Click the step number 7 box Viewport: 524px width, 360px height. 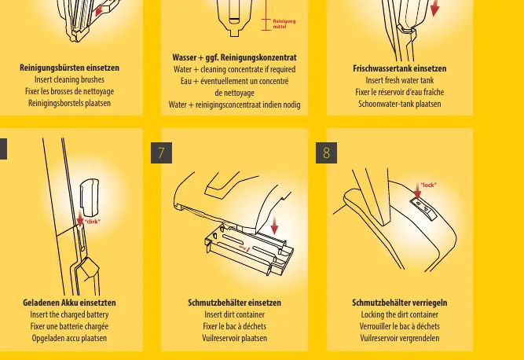pos(161,152)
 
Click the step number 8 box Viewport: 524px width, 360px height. pos(326,152)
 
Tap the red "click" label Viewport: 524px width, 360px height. pos(92,222)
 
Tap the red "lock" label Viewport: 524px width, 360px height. pos(428,185)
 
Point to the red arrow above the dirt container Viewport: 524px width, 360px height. pos(274,225)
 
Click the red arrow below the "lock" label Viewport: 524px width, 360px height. pos(417,191)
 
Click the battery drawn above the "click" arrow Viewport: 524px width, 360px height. pos(90,197)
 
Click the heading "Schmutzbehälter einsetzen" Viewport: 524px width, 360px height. pos(234,303)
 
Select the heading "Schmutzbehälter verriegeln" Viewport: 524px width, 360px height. pos(399,303)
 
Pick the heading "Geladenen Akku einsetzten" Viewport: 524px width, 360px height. pos(69,303)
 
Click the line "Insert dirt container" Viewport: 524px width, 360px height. pos(234,314)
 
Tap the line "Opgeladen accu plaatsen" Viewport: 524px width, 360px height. pos(69,338)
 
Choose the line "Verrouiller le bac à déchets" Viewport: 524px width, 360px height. pos(399,326)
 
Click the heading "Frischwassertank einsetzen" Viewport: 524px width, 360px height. pos(399,68)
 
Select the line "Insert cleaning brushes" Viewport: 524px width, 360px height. pos(69,79)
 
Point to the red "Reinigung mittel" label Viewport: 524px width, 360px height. pos(284,24)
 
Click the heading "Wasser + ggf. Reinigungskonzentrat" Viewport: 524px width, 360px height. pos(234,57)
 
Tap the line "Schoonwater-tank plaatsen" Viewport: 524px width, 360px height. pos(399,104)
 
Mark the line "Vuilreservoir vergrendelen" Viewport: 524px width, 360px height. pos(399,338)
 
